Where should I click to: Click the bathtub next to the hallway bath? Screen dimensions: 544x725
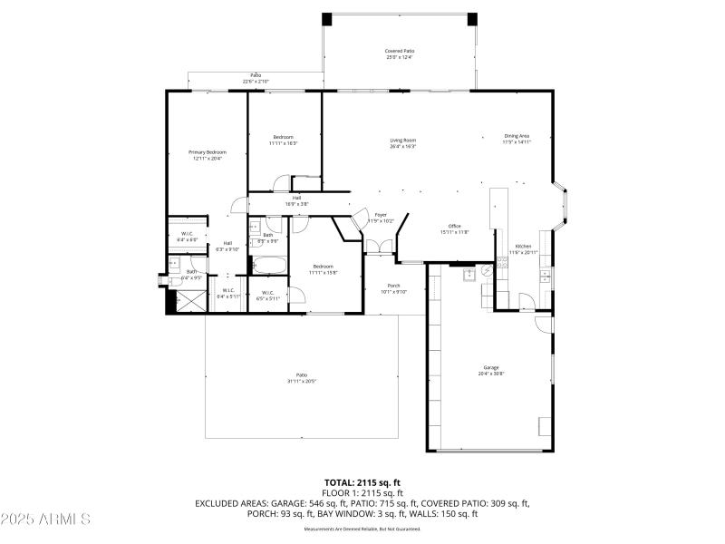click(269, 266)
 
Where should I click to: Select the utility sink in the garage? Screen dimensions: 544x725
click(469, 274)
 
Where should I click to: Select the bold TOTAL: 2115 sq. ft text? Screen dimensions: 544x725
click(362, 482)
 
